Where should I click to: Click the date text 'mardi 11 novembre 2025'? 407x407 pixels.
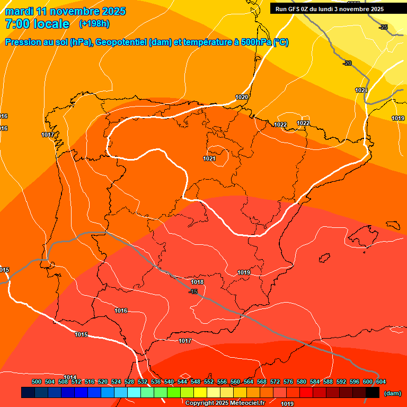point(65,11)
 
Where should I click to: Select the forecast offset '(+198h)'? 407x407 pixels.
point(94,24)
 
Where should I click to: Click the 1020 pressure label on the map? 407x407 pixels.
point(242,97)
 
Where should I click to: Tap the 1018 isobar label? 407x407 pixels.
point(197,282)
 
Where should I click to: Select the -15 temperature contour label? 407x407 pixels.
point(193,292)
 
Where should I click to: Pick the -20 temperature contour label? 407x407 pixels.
point(347,63)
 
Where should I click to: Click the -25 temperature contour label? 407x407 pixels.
point(383,27)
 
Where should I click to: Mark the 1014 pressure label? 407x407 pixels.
point(70,377)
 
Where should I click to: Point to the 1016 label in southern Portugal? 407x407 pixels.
point(121,311)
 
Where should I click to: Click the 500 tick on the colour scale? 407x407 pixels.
point(37,382)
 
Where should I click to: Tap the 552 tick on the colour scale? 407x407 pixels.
point(209,382)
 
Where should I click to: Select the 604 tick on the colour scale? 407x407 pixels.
point(381,382)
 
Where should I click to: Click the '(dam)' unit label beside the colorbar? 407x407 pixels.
point(392,393)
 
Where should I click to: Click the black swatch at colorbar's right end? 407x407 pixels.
point(373,393)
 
